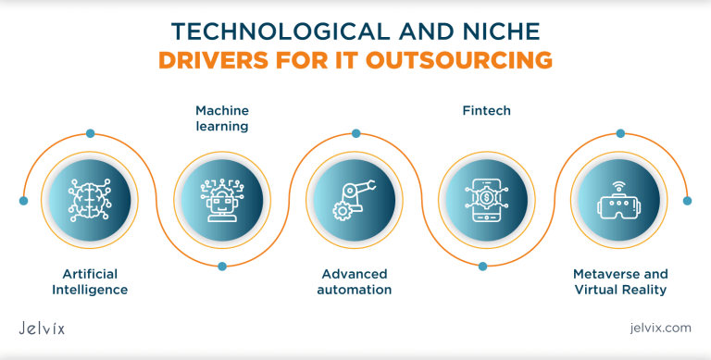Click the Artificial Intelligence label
(90, 282)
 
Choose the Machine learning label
(222, 118)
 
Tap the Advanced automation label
(355, 282)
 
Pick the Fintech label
(486, 111)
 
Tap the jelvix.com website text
(659, 328)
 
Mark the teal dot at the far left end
(24, 200)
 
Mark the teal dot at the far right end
(687, 200)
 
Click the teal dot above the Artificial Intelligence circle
(90, 133)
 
